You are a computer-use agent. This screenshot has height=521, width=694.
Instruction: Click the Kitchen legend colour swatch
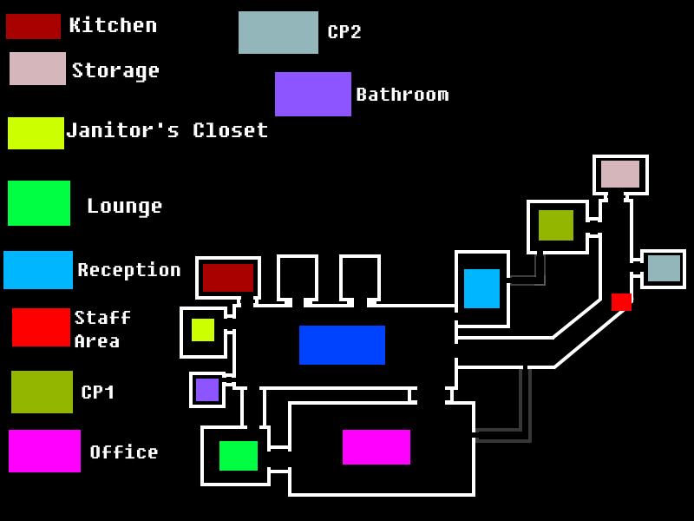coord(33,26)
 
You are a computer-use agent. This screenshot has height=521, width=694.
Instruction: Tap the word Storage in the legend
coord(115,71)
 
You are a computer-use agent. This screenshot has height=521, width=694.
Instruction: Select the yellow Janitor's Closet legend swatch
coord(36,133)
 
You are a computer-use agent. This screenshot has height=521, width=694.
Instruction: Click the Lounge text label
coord(125,207)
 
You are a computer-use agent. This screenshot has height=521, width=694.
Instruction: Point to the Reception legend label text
coord(129,270)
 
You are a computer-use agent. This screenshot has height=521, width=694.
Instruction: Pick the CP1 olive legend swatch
coord(42,392)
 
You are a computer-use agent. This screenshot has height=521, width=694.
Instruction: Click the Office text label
coord(124,452)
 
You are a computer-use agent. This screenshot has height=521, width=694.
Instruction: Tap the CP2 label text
coord(344,32)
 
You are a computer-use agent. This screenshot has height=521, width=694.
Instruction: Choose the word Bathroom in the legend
coord(403,95)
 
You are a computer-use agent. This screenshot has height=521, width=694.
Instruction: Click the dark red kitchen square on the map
coord(228,278)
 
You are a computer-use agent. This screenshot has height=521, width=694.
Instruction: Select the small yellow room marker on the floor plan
coord(203,330)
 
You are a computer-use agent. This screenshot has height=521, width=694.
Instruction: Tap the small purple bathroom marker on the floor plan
coord(207,390)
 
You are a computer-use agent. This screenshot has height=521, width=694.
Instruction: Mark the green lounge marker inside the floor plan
coord(239,455)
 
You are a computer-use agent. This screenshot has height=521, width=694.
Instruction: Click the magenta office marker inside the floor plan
coord(376,447)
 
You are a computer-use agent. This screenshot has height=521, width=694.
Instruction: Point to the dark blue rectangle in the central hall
coord(342,345)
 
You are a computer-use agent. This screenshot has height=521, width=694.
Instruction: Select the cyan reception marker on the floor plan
coord(482,288)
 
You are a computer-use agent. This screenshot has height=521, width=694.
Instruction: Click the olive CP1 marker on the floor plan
coord(556,226)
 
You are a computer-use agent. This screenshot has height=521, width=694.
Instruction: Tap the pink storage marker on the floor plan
coord(620,175)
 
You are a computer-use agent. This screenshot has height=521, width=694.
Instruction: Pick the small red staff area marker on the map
coord(621,302)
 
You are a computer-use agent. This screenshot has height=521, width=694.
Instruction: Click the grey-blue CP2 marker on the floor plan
coord(664,268)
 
